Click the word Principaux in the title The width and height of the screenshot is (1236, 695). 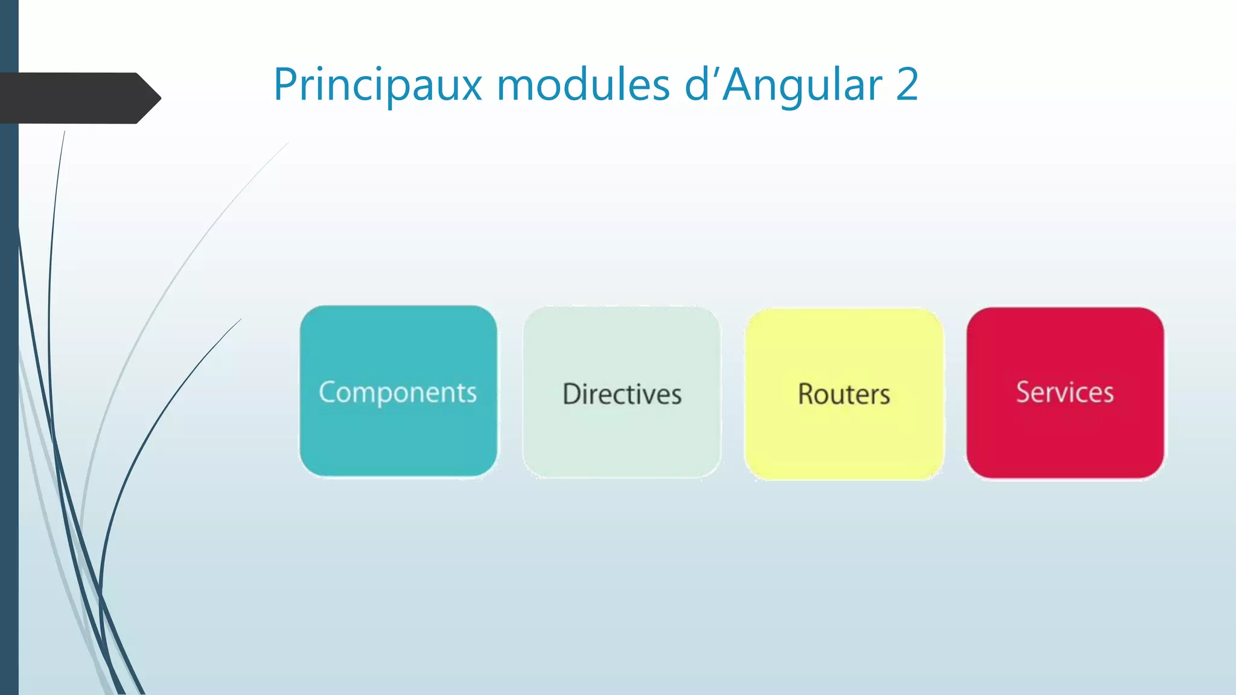(x=377, y=85)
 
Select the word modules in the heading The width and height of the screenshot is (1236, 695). (x=583, y=85)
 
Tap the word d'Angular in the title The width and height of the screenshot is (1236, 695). (x=783, y=85)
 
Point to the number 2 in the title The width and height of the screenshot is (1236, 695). (x=907, y=85)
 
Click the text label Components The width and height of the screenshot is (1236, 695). (x=398, y=393)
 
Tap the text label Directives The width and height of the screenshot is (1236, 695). (x=622, y=394)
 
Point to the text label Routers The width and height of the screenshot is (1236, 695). (x=844, y=394)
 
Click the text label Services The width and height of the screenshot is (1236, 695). (x=1065, y=392)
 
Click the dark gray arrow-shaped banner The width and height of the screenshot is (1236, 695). (x=72, y=98)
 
